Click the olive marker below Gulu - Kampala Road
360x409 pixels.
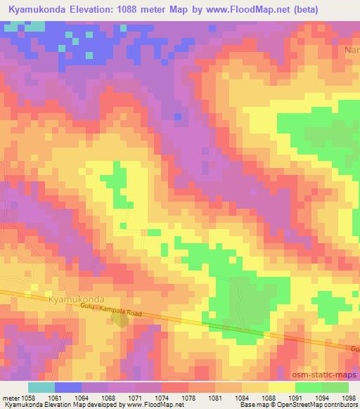point(120,320)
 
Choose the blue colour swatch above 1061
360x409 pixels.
point(68,387)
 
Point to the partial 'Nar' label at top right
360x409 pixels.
point(352,51)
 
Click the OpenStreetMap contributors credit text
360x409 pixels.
point(321,405)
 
